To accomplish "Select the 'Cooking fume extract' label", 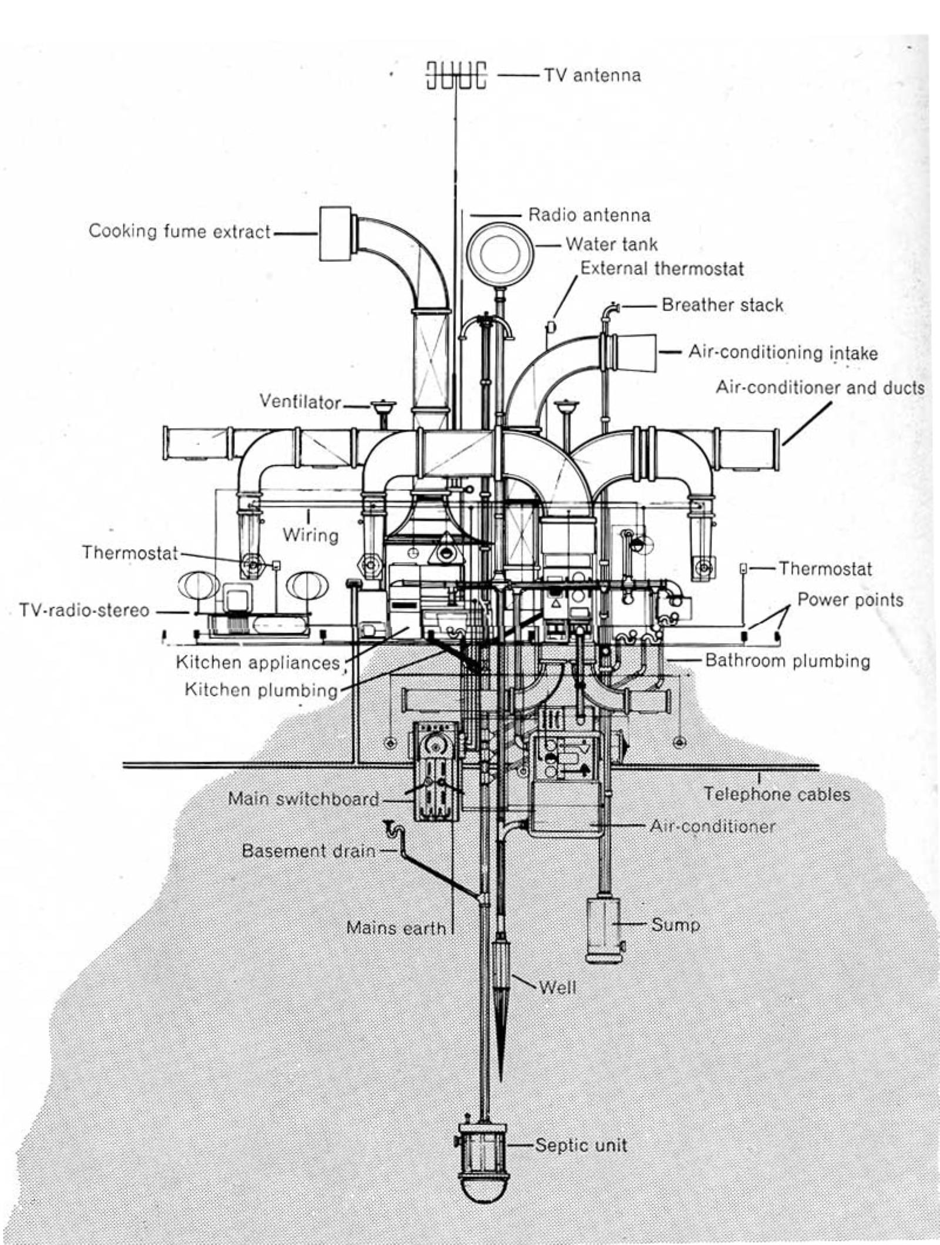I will [179, 231].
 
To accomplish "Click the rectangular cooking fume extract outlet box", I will [335, 233].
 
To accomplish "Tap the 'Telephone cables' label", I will [777, 795].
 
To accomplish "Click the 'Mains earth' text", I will [396, 928].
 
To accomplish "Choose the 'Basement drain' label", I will [308, 851].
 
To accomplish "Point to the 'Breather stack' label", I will [722, 305].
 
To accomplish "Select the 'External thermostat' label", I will [662, 269].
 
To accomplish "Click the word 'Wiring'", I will [310, 536].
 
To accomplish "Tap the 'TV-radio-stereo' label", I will [84, 610].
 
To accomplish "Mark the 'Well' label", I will [557, 987].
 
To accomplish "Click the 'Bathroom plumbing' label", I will [787, 661].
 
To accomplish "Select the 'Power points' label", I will [850, 600].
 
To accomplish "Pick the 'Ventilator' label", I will [300, 402].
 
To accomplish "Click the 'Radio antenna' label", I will [589, 215].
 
